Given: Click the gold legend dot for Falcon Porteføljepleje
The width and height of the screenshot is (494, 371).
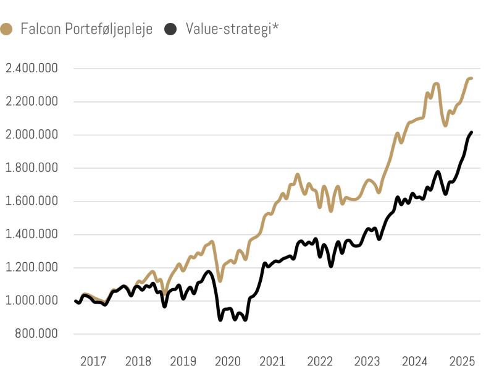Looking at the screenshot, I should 7,28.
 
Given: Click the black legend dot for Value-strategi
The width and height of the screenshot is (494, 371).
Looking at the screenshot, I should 171,28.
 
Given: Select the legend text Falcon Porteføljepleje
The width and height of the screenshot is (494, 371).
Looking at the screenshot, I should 86,29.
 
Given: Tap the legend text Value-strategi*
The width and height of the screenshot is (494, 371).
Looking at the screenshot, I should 232,29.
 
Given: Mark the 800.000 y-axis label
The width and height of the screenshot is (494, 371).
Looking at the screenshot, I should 36,335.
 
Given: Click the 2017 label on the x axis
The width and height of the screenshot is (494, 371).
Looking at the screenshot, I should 94,361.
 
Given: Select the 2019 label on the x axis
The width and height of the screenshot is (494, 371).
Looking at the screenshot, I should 183,361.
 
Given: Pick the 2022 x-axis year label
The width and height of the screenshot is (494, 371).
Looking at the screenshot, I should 320,361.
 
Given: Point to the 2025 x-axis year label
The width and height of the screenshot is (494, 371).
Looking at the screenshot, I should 461,361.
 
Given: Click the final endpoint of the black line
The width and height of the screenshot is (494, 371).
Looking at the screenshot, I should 472,132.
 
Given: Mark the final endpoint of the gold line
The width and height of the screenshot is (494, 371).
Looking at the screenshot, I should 471,79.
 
